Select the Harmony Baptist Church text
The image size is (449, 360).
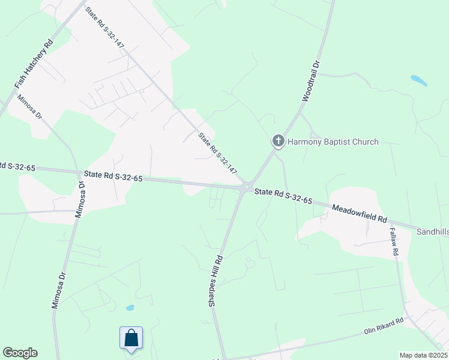333,142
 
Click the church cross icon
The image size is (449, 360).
278,142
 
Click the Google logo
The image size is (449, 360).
20,353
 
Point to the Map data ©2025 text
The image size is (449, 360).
423,355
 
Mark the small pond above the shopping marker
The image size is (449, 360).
130,308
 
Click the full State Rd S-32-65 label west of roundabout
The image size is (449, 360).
113,177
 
